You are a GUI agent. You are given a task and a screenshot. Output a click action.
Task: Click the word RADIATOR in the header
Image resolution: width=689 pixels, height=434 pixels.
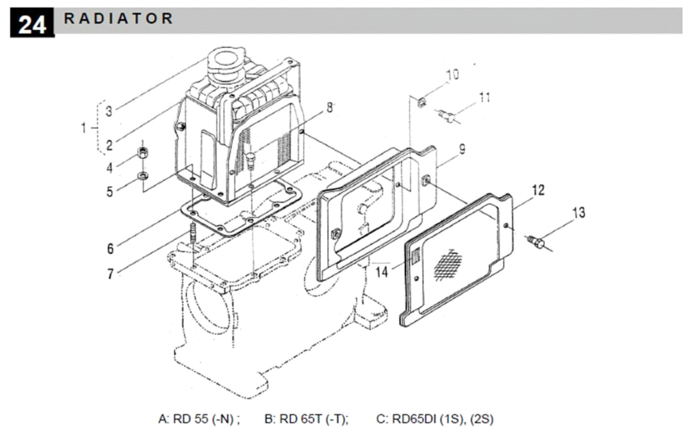pyautogui.click(x=118, y=18)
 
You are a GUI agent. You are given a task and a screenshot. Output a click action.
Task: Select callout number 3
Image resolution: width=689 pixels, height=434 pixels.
pyautogui.click(x=109, y=111)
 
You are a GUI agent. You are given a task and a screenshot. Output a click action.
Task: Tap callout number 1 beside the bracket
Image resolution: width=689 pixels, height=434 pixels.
pyautogui.click(x=84, y=128)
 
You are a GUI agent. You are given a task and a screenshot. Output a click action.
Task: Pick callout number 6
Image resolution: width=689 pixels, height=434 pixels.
pyautogui.click(x=110, y=248)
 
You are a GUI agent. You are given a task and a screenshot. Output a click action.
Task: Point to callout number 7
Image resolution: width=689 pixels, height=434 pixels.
pyautogui.click(x=110, y=274)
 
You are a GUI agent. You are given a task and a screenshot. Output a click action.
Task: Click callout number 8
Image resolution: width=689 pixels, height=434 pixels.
pyautogui.click(x=330, y=107)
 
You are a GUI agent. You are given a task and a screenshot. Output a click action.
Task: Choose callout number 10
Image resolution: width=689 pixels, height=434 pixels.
pyautogui.click(x=452, y=75)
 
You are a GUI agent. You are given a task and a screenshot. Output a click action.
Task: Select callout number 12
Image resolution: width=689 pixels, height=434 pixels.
pyautogui.click(x=538, y=190)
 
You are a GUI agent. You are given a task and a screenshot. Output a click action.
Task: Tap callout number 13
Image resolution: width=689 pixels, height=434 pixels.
pyautogui.click(x=579, y=213)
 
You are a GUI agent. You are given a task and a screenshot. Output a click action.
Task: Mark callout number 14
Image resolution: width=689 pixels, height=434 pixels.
pyautogui.click(x=381, y=272)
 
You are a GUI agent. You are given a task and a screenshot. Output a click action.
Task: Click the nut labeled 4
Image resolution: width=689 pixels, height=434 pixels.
pyautogui.click(x=143, y=152)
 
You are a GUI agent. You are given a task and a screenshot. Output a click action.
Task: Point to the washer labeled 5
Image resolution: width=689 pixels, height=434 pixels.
pyautogui.click(x=142, y=176)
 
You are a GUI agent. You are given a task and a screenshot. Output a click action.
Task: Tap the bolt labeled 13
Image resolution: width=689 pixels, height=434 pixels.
pyautogui.click(x=538, y=242)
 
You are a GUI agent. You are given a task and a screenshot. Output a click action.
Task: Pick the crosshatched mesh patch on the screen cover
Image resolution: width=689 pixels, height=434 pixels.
pyautogui.click(x=448, y=263)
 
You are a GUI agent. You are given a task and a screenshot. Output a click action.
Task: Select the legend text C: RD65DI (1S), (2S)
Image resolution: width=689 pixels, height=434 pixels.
pyautogui.click(x=435, y=419)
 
